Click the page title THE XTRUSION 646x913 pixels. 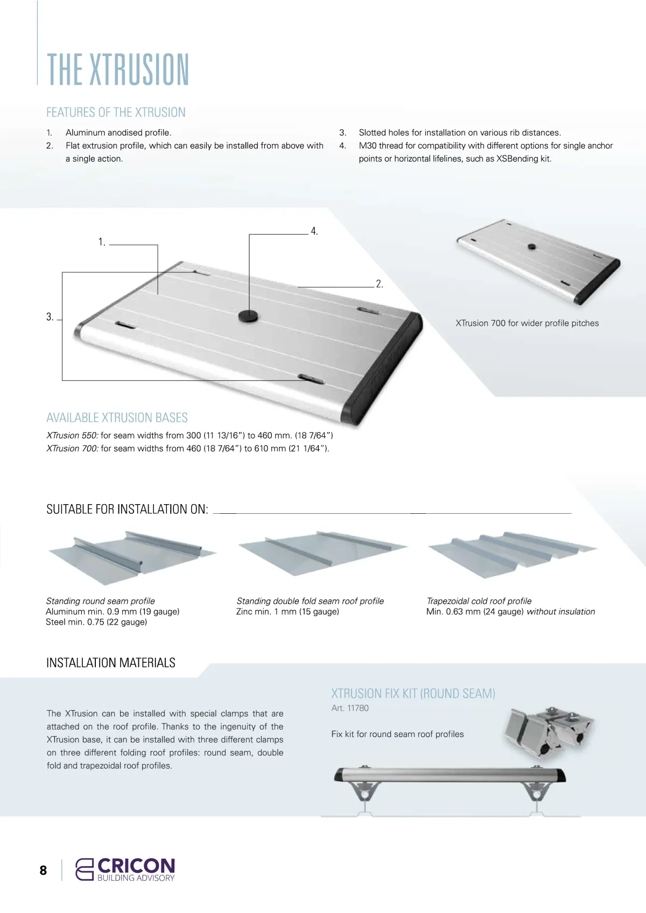[x=118, y=69]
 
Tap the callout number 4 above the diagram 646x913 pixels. [x=314, y=231]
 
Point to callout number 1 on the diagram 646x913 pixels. [x=101, y=242]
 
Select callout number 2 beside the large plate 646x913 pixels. [x=379, y=284]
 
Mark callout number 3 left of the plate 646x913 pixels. [x=50, y=317]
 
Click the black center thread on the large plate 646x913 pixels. [x=248, y=316]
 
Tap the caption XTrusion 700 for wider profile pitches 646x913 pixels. [x=527, y=323]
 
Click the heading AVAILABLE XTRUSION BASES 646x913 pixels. [x=117, y=418]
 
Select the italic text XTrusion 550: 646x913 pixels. [x=72, y=435]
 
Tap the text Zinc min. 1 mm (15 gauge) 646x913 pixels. [x=287, y=612]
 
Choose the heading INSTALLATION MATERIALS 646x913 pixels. [x=111, y=663]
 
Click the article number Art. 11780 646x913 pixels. [x=350, y=708]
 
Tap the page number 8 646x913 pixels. [x=43, y=870]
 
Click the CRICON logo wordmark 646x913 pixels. [x=136, y=866]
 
